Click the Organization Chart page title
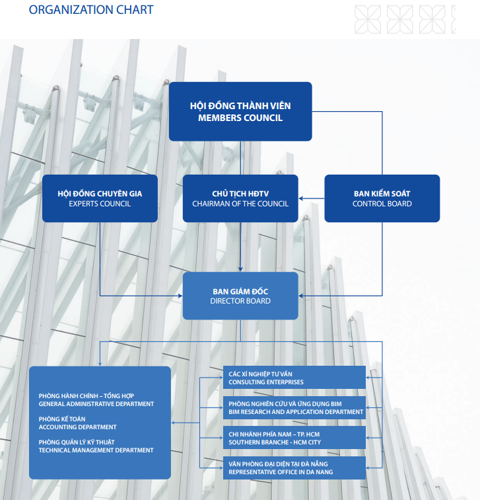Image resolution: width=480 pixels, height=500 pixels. click(91, 9)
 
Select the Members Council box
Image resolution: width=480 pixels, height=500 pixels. click(240, 112)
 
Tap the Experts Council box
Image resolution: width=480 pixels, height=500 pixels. click(100, 198)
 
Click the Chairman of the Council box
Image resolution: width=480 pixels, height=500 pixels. click(240, 198)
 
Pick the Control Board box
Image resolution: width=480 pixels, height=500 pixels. click(382, 198)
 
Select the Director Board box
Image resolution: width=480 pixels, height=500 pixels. click(240, 296)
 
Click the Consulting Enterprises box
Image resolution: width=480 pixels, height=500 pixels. click(294, 377)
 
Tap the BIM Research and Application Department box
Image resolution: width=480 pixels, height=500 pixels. click(294, 407)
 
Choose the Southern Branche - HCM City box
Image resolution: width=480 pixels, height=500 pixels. click(294, 438)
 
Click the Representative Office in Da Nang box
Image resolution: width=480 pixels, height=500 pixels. click(294, 468)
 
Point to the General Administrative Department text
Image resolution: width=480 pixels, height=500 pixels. click(96, 404)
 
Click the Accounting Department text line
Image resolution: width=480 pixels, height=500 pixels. click(77, 427)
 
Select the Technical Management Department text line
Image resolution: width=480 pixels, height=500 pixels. click(96, 450)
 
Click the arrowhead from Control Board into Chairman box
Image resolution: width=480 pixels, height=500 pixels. click(301, 198)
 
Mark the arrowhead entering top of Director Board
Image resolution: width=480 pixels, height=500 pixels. click(240, 269)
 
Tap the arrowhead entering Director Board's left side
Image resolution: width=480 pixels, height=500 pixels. click(180, 296)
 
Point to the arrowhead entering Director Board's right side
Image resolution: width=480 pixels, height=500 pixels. click(301, 296)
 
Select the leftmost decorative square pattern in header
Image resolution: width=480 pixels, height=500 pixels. click(368, 19)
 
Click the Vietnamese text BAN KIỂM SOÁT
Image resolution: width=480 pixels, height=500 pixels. click(382, 194)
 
